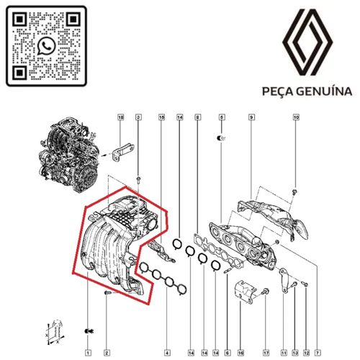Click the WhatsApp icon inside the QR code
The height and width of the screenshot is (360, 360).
pos(47,47)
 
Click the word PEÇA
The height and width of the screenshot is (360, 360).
pos(274,92)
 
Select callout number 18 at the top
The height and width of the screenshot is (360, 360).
pos(121,117)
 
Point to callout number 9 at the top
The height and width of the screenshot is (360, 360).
pos(251,117)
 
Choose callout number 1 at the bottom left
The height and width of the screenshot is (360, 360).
pos(87,352)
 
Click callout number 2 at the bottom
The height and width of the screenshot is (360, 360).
pos(107,352)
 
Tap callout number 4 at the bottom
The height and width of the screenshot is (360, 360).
pos(167,352)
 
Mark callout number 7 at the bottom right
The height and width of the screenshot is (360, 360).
pos(316,352)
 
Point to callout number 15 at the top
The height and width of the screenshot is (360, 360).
pos(161,117)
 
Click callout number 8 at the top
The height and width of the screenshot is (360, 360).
pos(197,117)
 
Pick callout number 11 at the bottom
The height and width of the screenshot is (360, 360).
pos(283,352)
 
